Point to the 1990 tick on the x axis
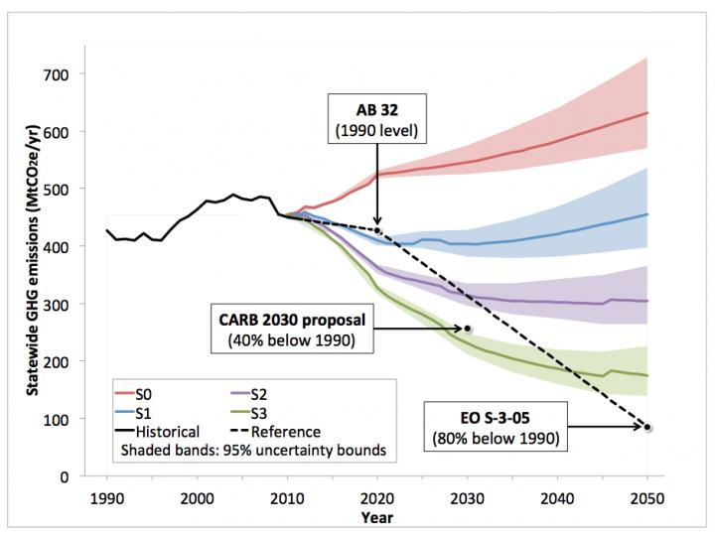click(x=107, y=497)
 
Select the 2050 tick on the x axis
click(x=647, y=497)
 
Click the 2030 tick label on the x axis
click(x=468, y=497)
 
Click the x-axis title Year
click(x=376, y=516)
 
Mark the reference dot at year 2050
click(x=647, y=428)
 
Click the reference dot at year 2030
click(x=468, y=328)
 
